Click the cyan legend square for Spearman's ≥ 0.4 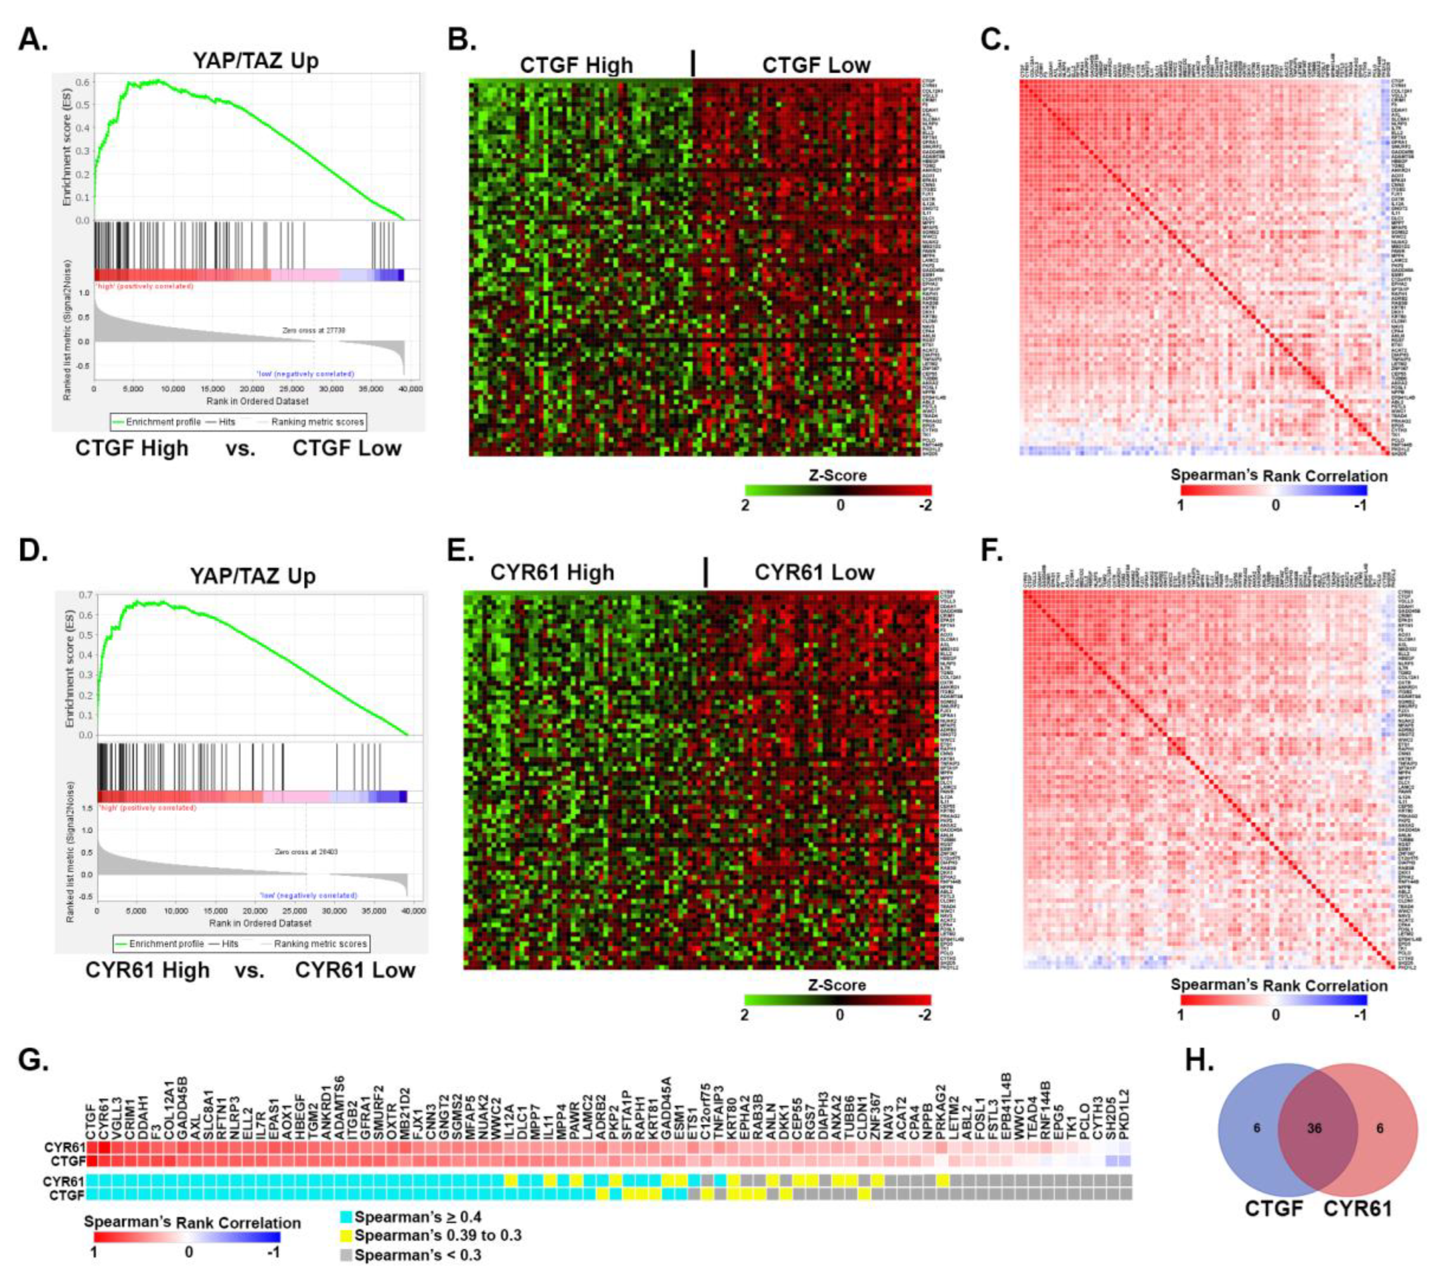pyautogui.click(x=345, y=1217)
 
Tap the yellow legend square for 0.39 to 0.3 pyautogui.click(x=345, y=1236)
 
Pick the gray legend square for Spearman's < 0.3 pyautogui.click(x=345, y=1255)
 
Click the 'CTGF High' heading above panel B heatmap pyautogui.click(x=577, y=66)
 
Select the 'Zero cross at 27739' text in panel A pyautogui.click(x=313, y=330)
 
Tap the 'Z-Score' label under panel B pyautogui.click(x=838, y=475)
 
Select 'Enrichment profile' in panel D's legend pyautogui.click(x=166, y=943)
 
